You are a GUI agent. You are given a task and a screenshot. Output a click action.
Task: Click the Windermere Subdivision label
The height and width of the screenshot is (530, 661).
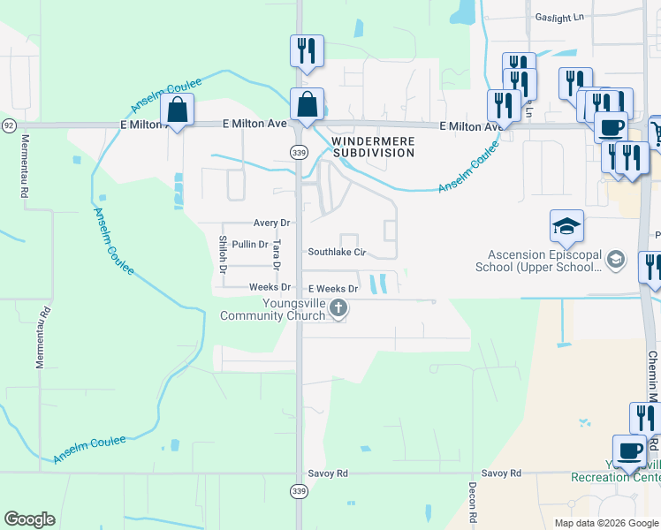click(x=372, y=147)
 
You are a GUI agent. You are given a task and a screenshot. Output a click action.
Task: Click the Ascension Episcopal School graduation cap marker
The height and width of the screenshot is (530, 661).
click(x=566, y=227)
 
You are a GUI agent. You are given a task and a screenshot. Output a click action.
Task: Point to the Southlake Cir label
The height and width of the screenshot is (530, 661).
click(x=336, y=252)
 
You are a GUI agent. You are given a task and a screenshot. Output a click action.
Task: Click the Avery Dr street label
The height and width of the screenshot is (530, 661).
click(x=271, y=223)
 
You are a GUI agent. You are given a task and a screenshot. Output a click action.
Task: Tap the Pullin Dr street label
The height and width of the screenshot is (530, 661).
click(x=250, y=245)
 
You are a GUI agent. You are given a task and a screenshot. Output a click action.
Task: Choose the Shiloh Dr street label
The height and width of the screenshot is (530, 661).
click(x=224, y=254)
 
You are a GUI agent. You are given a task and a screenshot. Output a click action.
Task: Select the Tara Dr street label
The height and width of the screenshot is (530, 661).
click(x=277, y=254)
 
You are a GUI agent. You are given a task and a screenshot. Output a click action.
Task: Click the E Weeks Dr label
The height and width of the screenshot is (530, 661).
click(x=333, y=289)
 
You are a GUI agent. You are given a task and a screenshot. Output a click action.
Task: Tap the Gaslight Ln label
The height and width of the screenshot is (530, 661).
click(x=560, y=17)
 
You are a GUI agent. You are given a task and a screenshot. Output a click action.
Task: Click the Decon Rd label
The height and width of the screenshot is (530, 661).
click(x=473, y=504)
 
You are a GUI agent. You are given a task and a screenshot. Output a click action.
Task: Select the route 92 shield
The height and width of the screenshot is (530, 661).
click(x=8, y=125)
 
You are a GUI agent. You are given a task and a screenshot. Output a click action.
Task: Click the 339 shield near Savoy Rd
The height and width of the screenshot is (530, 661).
click(x=299, y=490)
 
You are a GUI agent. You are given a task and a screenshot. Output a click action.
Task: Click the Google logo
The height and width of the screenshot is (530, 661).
click(x=29, y=519)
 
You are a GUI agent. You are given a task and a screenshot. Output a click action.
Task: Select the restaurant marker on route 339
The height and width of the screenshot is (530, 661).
click(x=307, y=51)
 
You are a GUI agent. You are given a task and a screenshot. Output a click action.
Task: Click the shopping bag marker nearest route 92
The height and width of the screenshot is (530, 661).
click(x=177, y=111)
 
